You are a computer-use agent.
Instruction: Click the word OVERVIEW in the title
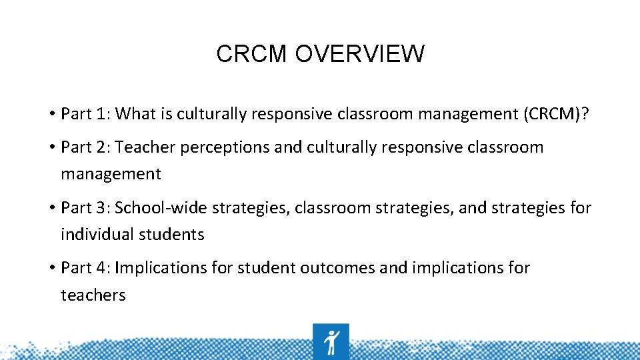pos(359,54)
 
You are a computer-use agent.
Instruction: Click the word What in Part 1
pos(133,113)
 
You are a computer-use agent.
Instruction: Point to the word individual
pos(97,235)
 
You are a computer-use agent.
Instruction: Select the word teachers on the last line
pos(93,295)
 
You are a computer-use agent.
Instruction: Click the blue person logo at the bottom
pos(331,341)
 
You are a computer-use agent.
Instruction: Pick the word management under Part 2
pos(111,175)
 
